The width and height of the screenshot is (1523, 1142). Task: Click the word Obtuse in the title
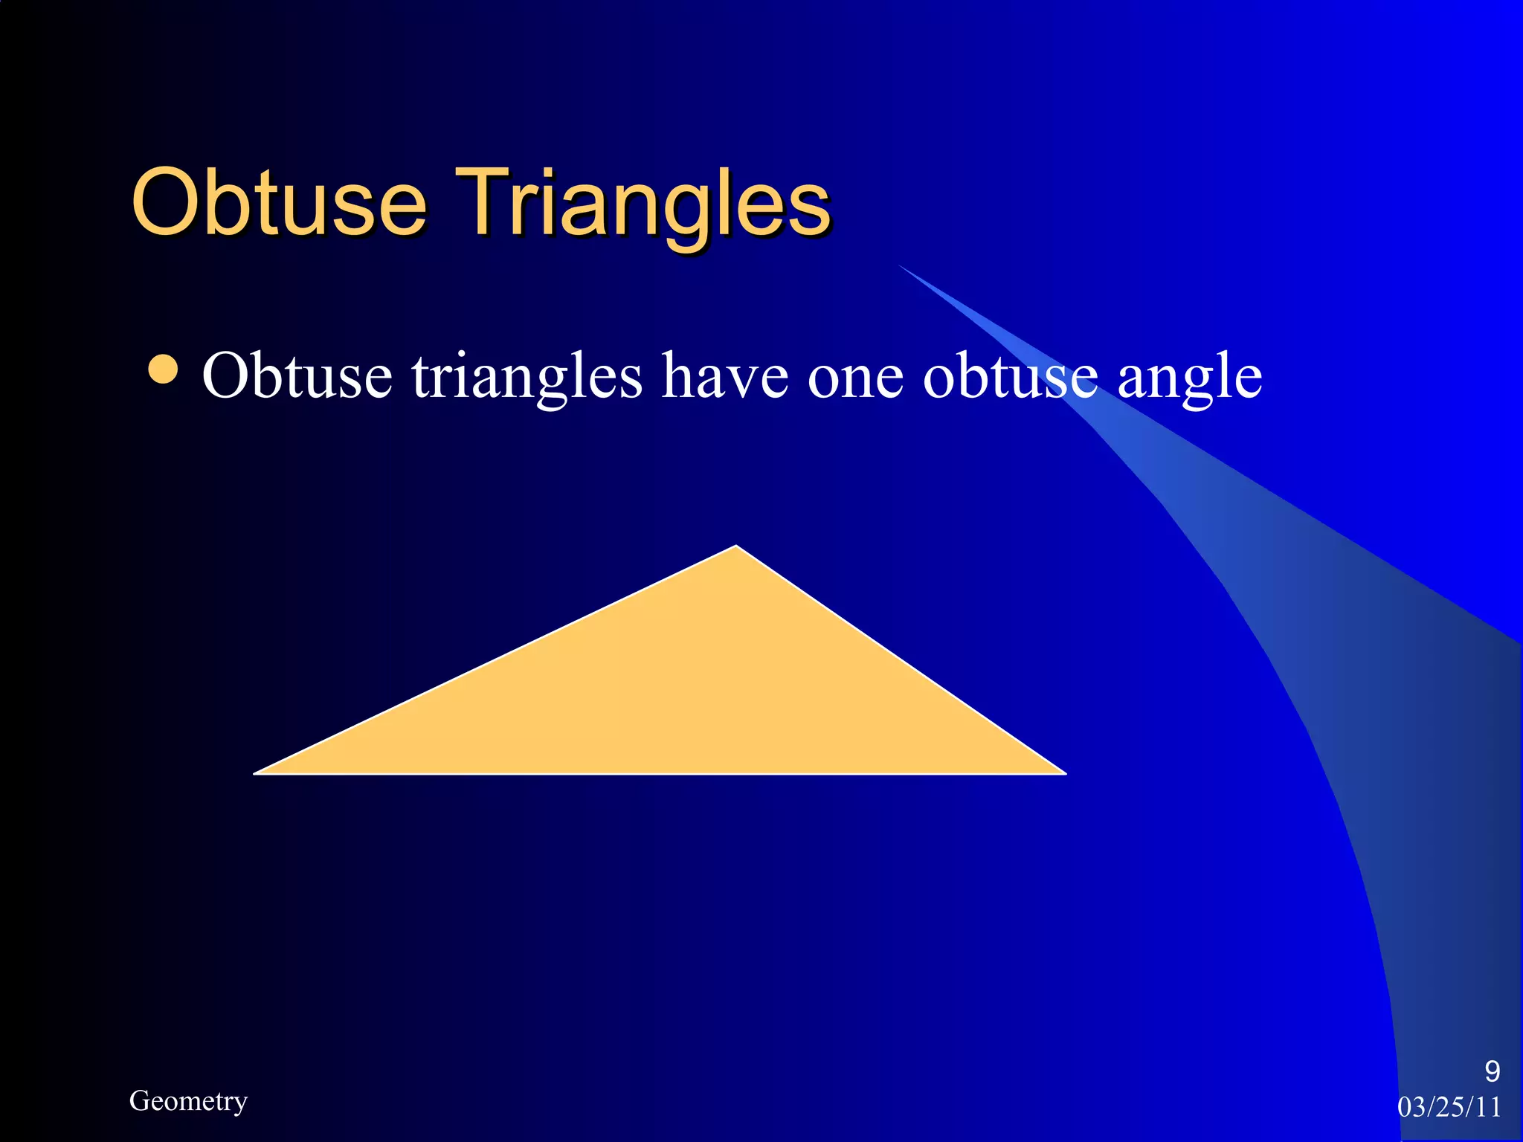pos(279,202)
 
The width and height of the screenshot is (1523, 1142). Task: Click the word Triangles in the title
pos(643,202)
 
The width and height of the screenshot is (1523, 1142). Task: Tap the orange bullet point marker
pos(163,370)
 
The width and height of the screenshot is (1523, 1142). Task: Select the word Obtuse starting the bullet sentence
pos(297,375)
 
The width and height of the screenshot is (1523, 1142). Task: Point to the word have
pos(725,375)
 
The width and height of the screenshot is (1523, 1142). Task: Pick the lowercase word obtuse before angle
pos(1010,375)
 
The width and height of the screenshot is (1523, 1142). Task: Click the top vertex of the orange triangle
pos(736,547)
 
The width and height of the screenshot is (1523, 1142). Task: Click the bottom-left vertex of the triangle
pos(257,773)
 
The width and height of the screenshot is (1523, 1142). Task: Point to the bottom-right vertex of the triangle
pos(1064,773)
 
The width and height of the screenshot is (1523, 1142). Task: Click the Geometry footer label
pos(188,1101)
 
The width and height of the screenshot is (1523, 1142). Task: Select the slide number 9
pos(1492,1071)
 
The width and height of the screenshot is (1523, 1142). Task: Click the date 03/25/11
pos(1449,1107)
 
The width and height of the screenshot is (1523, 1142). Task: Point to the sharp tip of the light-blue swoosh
pos(899,265)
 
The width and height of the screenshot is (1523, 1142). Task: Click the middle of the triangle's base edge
pos(660,773)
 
